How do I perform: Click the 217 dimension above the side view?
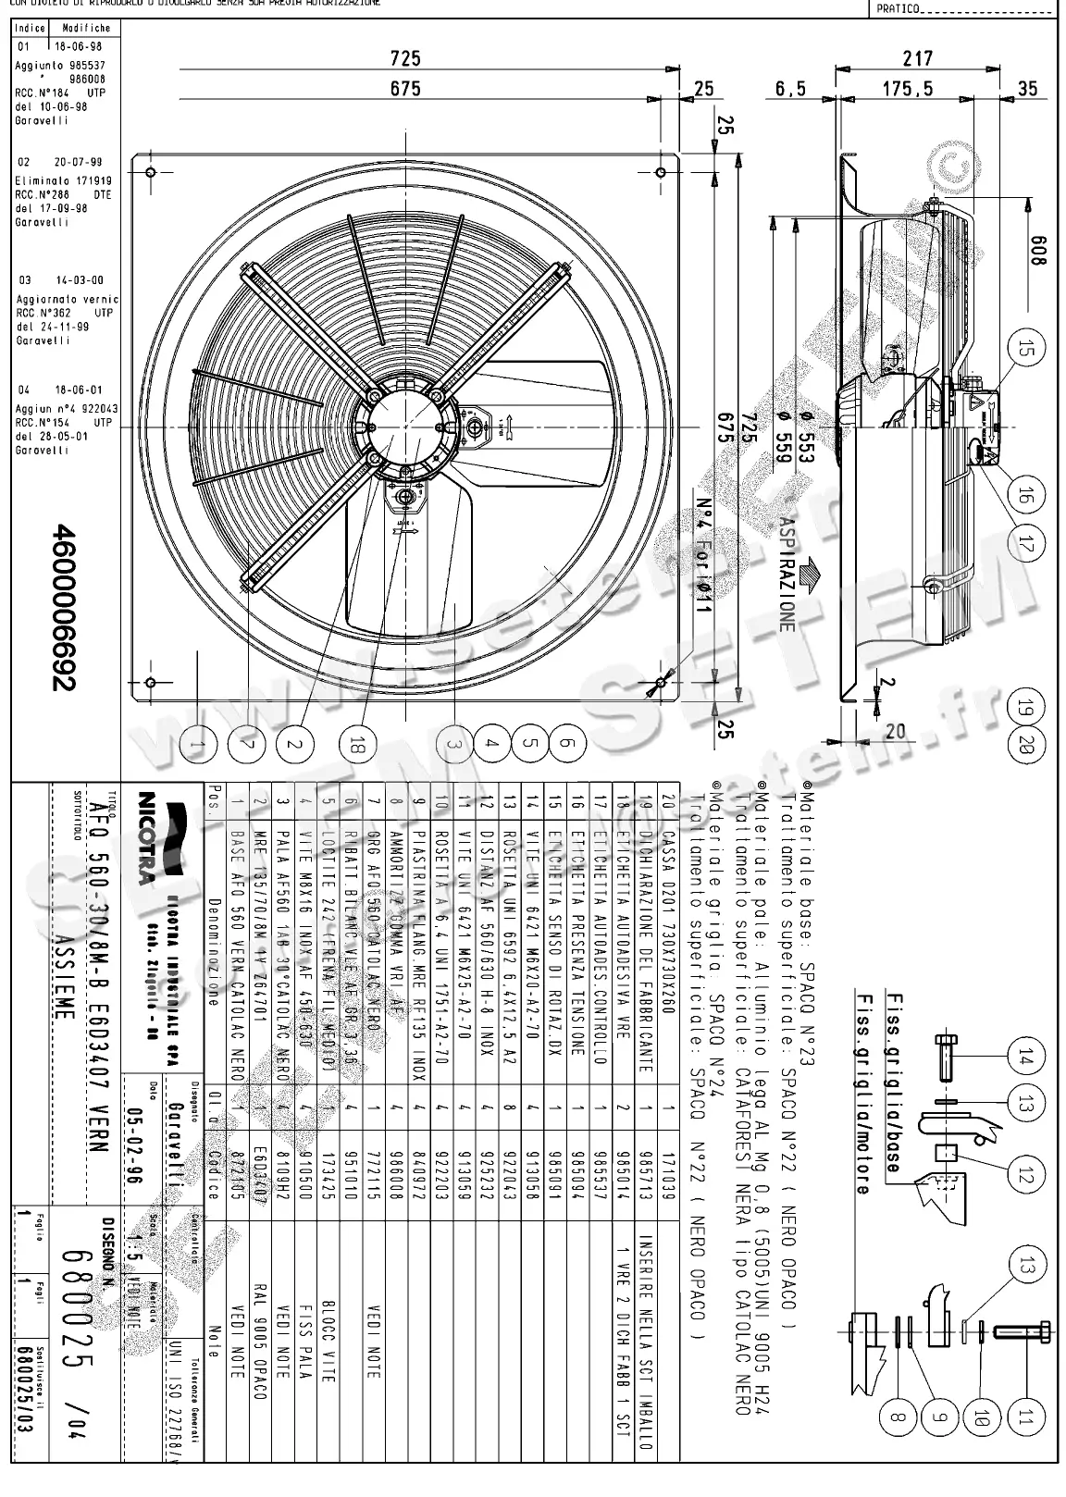coord(917,57)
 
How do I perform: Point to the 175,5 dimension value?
coord(907,89)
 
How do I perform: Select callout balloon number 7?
coord(244,743)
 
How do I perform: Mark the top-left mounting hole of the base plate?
coord(151,171)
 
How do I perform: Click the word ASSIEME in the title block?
coord(61,1011)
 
